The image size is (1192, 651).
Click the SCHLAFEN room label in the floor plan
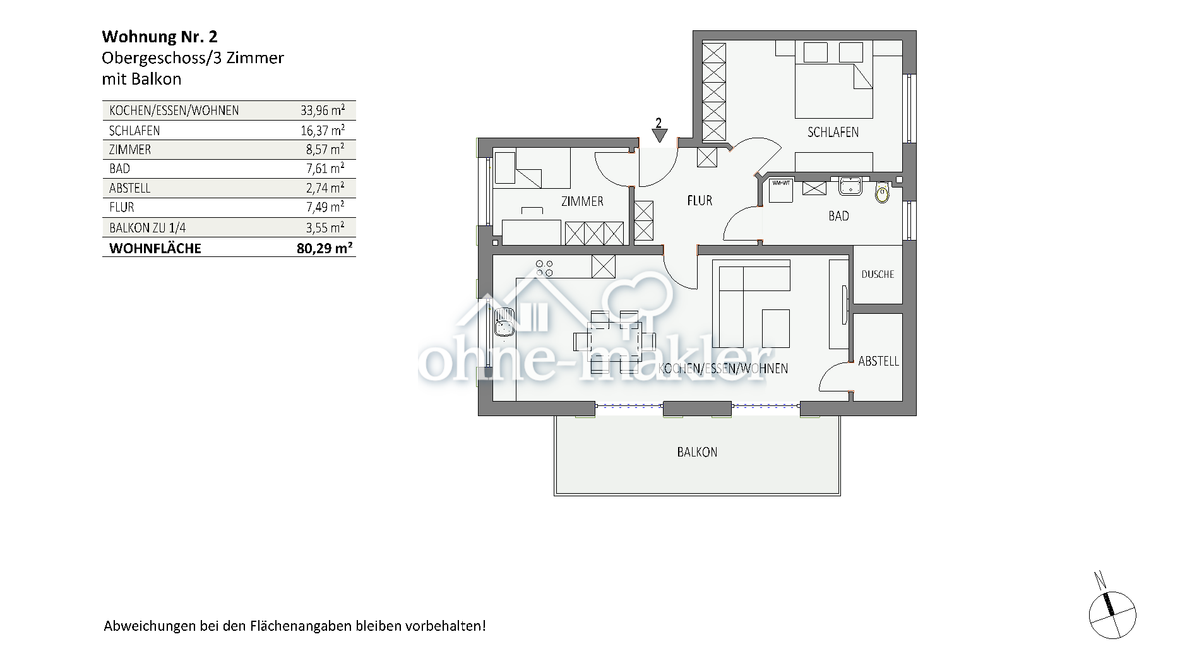point(833,132)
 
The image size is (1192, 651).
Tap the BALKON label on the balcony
point(697,452)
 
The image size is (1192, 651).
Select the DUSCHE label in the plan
point(878,274)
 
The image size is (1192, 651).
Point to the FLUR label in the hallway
point(700,201)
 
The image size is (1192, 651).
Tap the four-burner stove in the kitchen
point(544,268)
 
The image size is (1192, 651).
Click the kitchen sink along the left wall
point(504,321)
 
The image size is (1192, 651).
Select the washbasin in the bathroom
point(850,186)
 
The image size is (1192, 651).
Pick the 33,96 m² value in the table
point(322,110)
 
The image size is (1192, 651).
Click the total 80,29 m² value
point(324,248)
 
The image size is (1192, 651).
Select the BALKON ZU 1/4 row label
point(148,228)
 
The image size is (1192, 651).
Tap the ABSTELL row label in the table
point(129,188)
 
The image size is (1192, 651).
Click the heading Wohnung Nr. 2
point(160,37)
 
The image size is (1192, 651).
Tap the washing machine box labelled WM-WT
point(781,189)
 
